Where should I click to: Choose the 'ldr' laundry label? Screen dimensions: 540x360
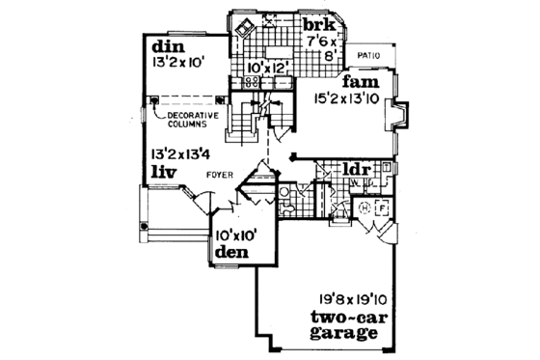pos(358,171)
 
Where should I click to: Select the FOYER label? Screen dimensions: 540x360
pos(218,175)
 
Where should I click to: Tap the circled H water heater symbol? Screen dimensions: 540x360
pos(364,208)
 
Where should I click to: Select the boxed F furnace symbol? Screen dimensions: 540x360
pos(381,208)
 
